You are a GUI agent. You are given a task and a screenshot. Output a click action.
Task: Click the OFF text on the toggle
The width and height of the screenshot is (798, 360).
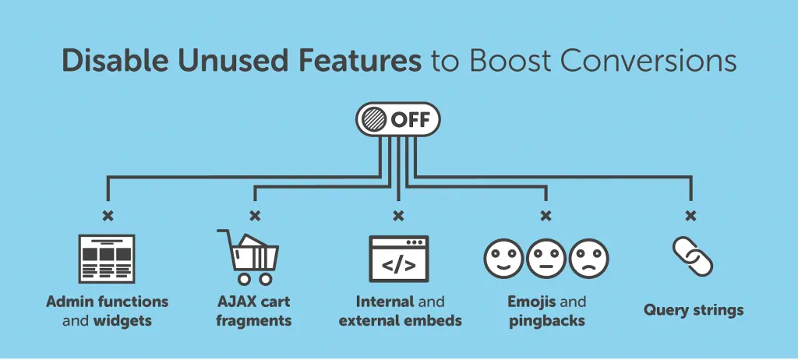[411, 120]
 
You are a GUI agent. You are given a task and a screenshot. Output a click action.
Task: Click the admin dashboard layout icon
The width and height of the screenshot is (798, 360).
[107, 258]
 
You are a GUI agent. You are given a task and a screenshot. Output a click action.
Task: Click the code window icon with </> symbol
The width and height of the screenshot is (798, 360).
[398, 258]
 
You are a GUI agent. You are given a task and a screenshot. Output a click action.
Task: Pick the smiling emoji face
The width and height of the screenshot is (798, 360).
[503, 257]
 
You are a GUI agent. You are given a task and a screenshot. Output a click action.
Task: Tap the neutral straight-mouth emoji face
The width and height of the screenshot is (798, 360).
[546, 257]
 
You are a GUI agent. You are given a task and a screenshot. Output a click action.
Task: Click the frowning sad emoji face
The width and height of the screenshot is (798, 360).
[588, 257]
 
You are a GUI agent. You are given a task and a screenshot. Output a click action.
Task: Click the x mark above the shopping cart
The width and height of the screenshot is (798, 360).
[254, 215]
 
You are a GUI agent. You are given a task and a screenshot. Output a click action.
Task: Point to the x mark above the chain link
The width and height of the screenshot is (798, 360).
[690, 215]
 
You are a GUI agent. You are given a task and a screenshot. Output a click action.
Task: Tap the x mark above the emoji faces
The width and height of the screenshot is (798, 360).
[546, 215]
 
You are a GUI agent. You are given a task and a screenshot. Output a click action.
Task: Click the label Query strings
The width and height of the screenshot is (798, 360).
[693, 310]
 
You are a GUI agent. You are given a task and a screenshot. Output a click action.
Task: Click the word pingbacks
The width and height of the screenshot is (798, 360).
[546, 320]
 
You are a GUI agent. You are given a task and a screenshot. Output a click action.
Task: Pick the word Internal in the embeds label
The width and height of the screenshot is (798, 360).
[384, 302]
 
